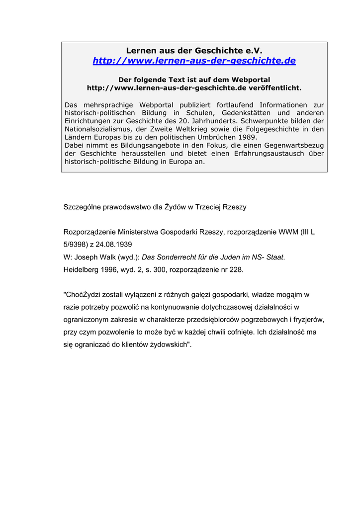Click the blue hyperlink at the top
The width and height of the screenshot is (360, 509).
click(x=194, y=61)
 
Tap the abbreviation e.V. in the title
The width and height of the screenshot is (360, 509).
click(x=253, y=51)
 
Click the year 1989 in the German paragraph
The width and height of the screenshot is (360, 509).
click(x=247, y=137)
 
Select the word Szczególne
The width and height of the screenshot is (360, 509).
click(x=82, y=207)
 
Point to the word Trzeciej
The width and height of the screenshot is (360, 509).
click(x=209, y=207)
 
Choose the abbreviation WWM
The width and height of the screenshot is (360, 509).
click(x=288, y=232)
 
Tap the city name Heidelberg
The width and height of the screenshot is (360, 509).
click(x=82, y=270)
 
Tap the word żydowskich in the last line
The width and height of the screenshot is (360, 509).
click(x=164, y=344)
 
